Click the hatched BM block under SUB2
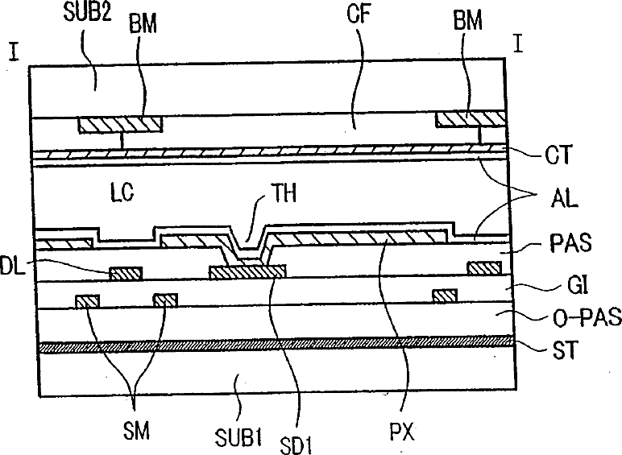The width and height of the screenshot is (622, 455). point(121,124)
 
